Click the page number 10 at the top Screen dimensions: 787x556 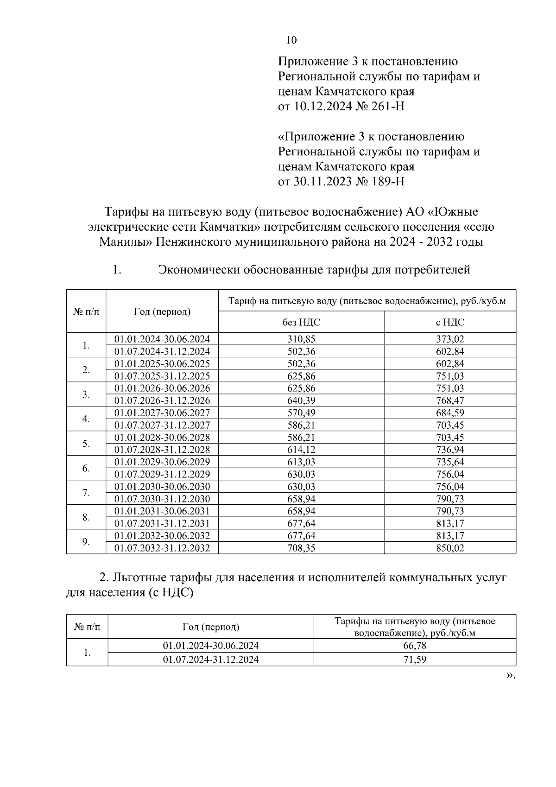coord(291,40)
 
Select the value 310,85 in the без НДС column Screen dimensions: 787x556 coord(301,339)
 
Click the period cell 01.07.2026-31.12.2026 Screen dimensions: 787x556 coord(162,400)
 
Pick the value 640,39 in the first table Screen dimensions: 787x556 coord(301,400)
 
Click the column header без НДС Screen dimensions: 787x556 coord(301,322)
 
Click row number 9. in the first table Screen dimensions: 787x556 coord(86,542)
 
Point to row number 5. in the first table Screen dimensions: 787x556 coord(86,444)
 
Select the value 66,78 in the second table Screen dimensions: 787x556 coord(415,646)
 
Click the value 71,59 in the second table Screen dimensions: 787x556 coord(415,659)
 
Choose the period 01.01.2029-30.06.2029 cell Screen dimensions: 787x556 coord(162,462)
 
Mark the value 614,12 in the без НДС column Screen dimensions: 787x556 coord(301,450)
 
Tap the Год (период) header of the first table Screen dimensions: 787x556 coord(162,311)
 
